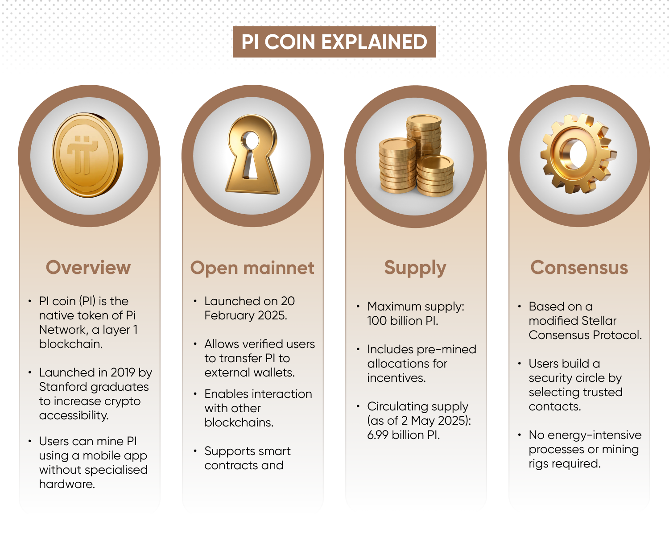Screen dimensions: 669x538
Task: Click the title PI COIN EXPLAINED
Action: (x=334, y=42)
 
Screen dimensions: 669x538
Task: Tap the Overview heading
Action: (x=88, y=268)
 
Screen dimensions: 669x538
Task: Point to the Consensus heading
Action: (x=579, y=268)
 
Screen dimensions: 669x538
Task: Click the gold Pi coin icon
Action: (x=88, y=155)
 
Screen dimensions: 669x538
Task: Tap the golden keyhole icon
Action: (x=252, y=154)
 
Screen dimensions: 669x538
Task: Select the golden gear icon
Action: (x=578, y=153)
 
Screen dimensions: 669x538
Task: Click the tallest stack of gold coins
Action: (x=424, y=137)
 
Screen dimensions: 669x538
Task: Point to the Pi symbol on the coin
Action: (x=83, y=154)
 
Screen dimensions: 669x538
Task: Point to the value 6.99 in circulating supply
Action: (x=378, y=435)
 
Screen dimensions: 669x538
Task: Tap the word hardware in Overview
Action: (x=67, y=484)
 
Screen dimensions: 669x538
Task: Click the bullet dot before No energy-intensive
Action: (x=520, y=435)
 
